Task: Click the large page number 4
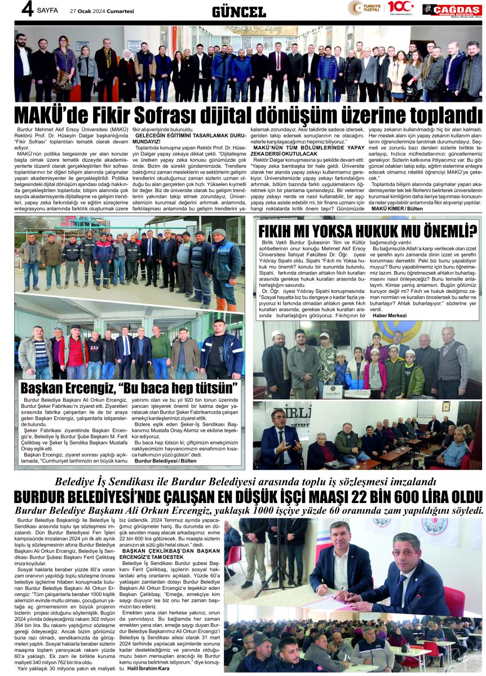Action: (25, 10)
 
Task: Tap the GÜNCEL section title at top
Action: (239, 11)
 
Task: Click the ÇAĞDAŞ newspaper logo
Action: (452, 10)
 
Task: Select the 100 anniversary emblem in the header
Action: (400, 8)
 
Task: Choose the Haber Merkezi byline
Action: (390, 315)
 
